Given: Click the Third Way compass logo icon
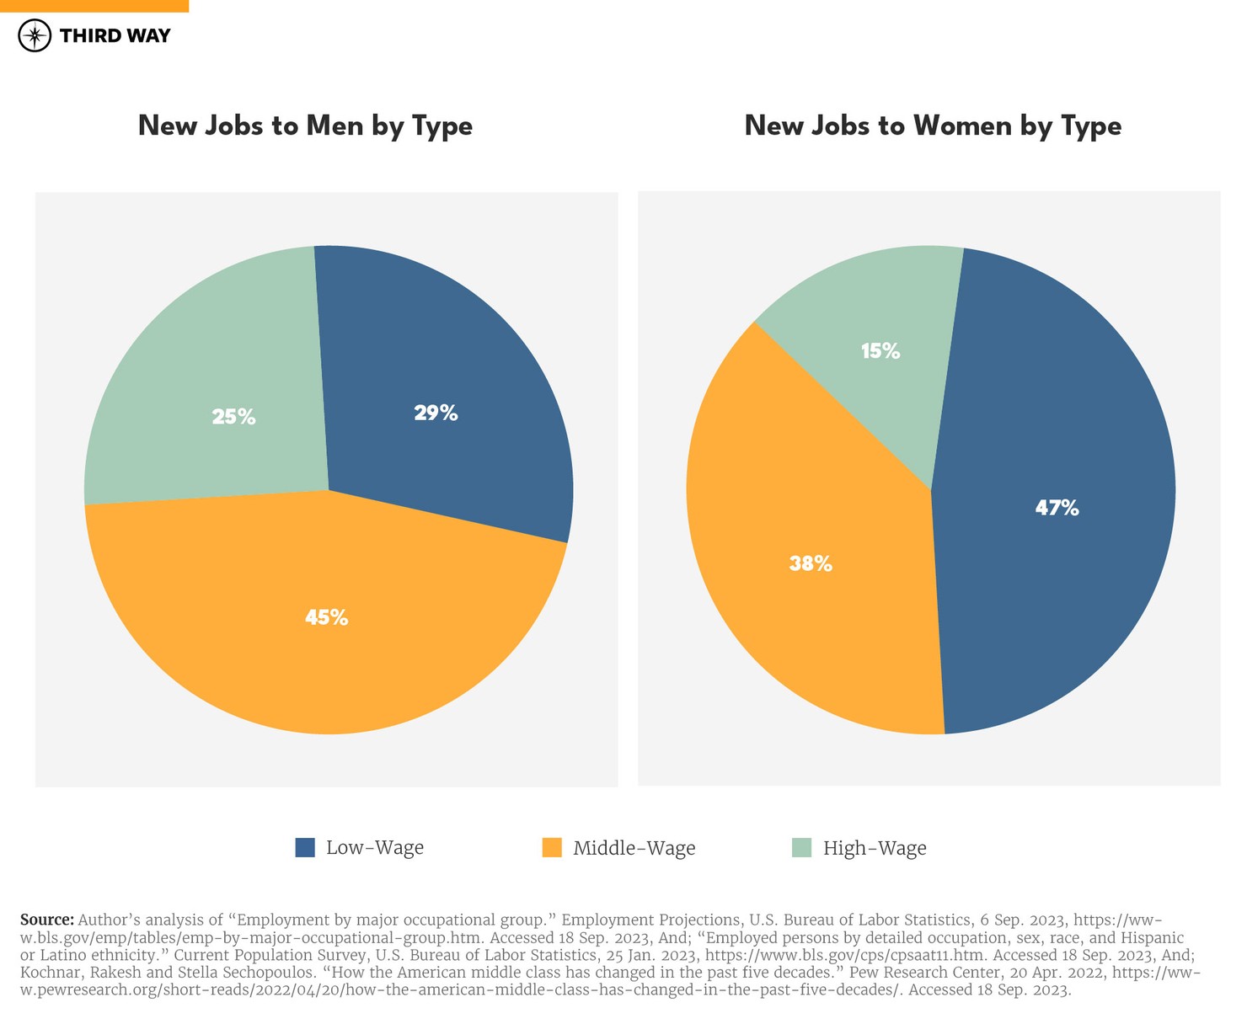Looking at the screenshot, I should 35,35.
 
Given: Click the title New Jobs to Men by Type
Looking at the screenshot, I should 305,125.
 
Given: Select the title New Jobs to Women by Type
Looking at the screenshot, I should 933,125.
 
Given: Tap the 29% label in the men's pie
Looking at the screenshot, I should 436,413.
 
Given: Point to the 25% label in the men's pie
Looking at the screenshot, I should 233,416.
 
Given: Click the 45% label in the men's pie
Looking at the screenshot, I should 326,617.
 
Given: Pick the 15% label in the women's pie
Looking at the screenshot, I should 880,351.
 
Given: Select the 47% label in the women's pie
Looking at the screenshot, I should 1057,508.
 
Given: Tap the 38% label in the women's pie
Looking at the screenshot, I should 811,563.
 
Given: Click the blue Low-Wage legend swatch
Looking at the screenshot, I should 305,847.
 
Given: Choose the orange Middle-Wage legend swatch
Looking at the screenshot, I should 552,847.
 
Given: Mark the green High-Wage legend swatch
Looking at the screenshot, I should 801,847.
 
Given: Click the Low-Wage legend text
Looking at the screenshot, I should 375,847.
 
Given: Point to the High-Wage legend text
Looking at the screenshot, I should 875,848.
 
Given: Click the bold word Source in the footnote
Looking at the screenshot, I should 47,920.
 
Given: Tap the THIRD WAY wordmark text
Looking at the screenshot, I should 115,35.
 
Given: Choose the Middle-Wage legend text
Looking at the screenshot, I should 634,848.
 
